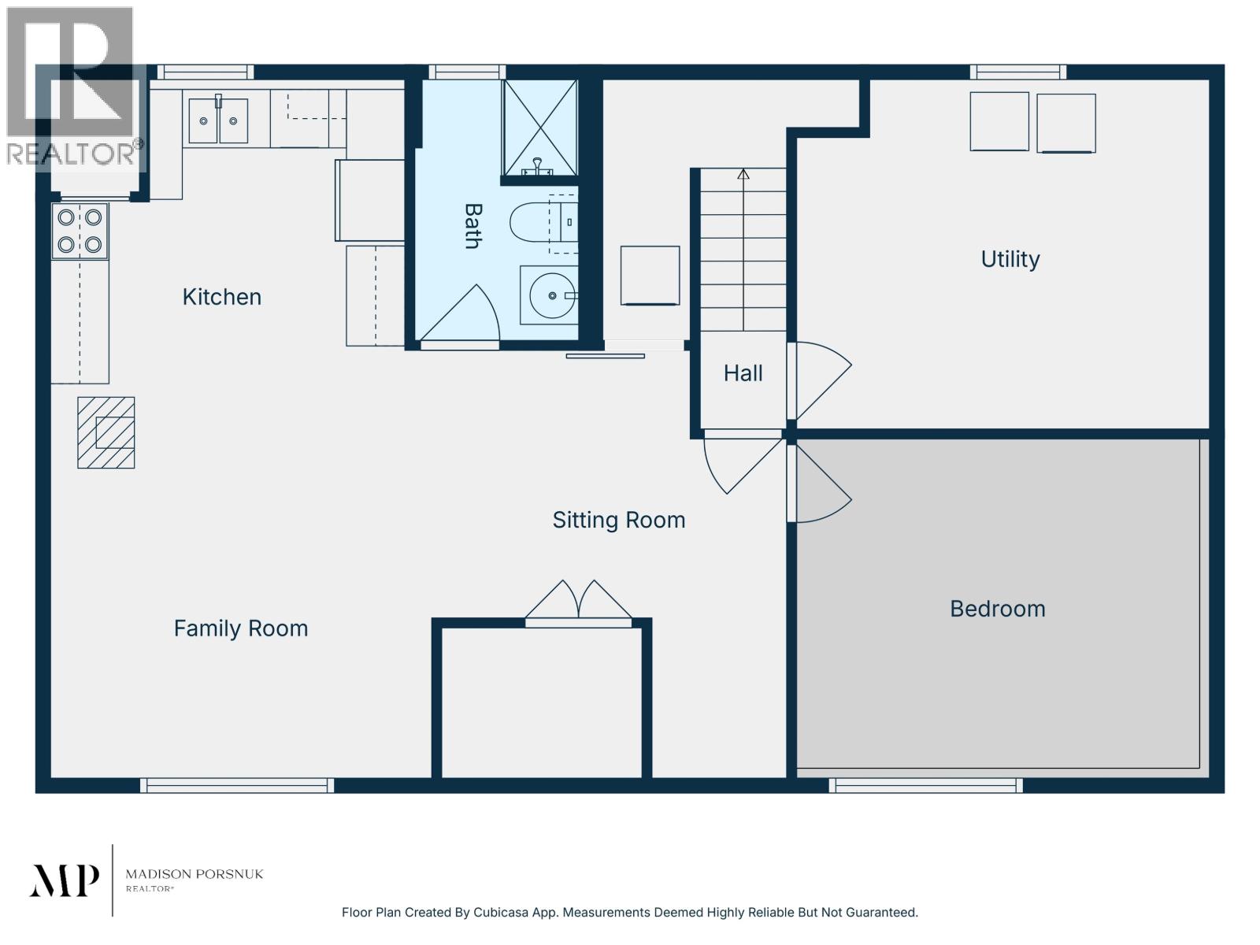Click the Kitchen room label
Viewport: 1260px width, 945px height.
(x=221, y=297)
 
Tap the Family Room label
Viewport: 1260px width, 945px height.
(x=240, y=628)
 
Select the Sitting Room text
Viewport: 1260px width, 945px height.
(x=618, y=521)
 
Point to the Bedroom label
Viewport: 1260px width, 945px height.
(x=997, y=609)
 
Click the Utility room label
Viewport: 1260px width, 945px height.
(x=1010, y=259)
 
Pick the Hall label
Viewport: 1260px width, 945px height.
(x=743, y=373)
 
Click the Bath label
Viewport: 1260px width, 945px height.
(x=472, y=226)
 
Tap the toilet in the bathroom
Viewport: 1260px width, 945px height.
(x=543, y=222)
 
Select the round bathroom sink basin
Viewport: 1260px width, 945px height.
(x=551, y=295)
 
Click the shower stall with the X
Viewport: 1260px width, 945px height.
(x=540, y=128)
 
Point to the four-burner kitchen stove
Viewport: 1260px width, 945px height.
(x=80, y=232)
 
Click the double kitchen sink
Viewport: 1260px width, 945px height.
(x=218, y=120)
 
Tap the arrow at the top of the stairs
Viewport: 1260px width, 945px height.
(x=743, y=173)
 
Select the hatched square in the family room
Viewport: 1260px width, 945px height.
(x=106, y=432)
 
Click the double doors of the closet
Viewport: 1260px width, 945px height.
(x=578, y=602)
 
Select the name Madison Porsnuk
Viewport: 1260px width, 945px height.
(x=194, y=874)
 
